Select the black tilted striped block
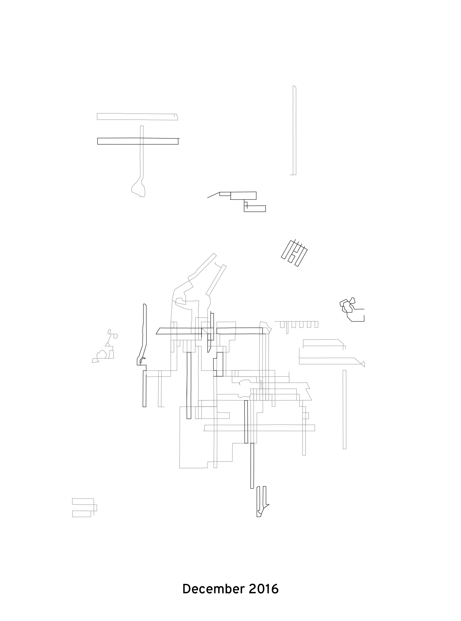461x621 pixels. [294, 253]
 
